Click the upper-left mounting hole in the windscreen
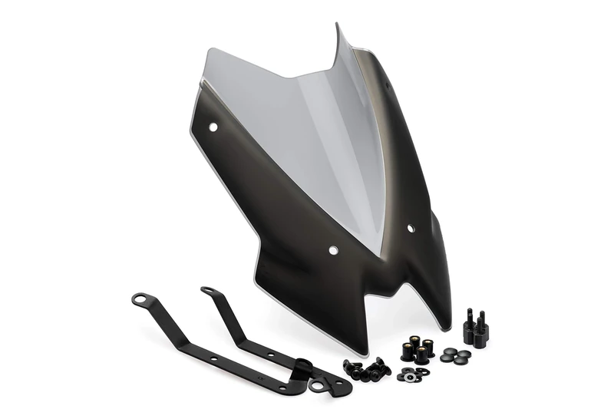[x=213, y=127]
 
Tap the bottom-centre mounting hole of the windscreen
[x=333, y=250]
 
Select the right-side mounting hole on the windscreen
[x=411, y=228]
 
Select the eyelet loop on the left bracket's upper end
[x=140, y=299]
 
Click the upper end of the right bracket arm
[x=206, y=291]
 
